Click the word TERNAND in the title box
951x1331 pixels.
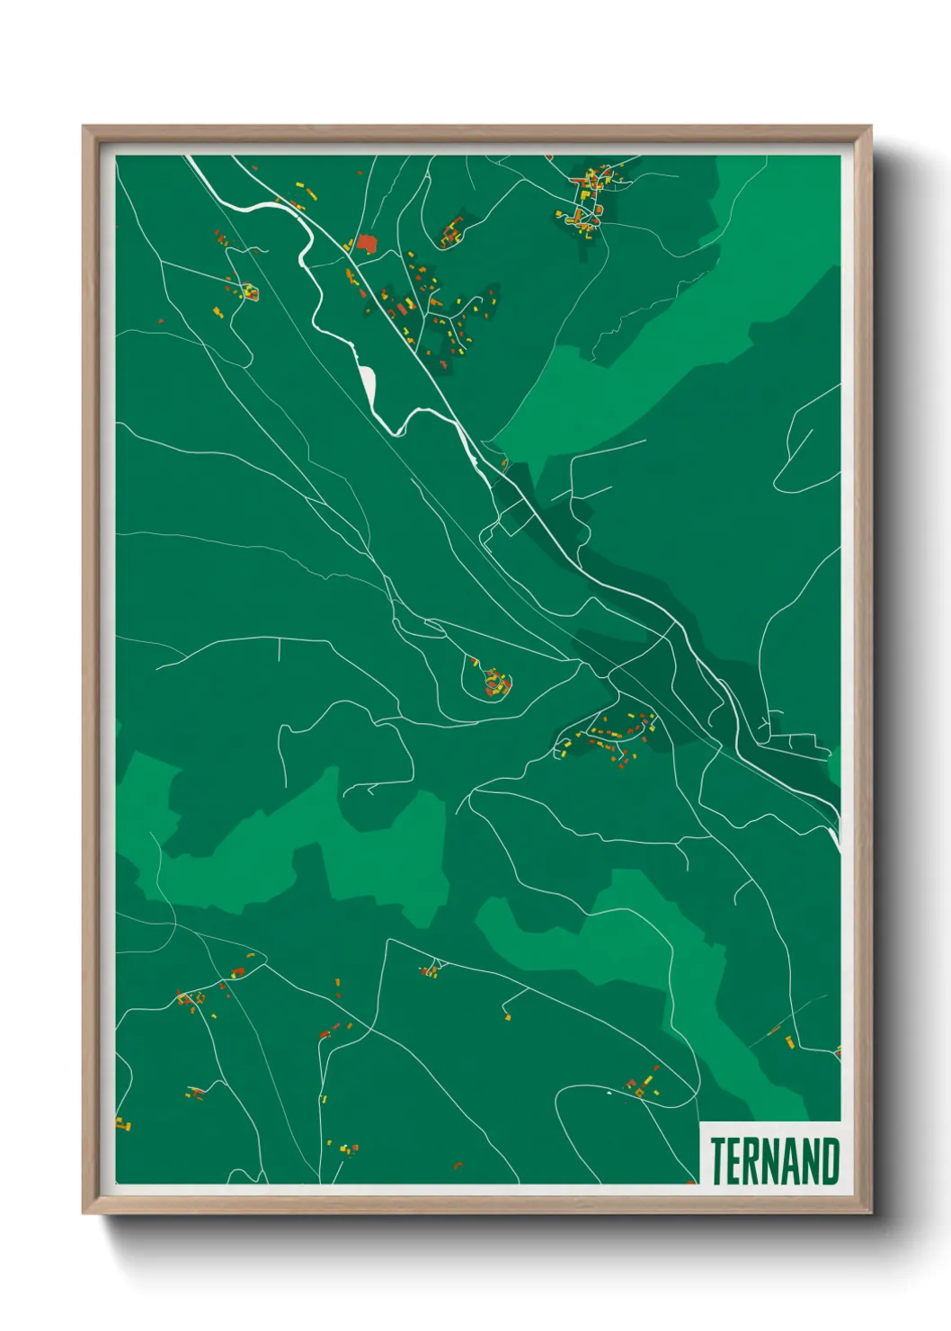(775, 1161)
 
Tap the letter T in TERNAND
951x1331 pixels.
(718, 1161)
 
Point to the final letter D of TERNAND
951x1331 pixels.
(831, 1161)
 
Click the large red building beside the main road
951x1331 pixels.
(365, 243)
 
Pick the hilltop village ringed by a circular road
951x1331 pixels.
(494, 683)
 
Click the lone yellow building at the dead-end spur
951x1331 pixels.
(508, 1017)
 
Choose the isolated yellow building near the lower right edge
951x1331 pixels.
(790, 1041)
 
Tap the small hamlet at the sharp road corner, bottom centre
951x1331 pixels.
(431, 969)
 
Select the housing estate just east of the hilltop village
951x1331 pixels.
(611, 733)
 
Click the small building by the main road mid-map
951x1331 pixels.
(504, 464)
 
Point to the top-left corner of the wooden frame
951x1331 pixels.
(84, 127)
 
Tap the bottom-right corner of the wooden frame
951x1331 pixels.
(870, 1213)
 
